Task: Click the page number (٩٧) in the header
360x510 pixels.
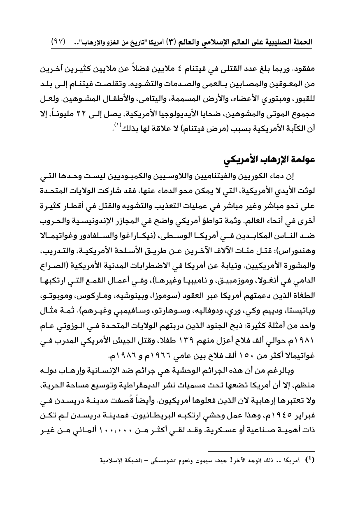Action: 59,42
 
